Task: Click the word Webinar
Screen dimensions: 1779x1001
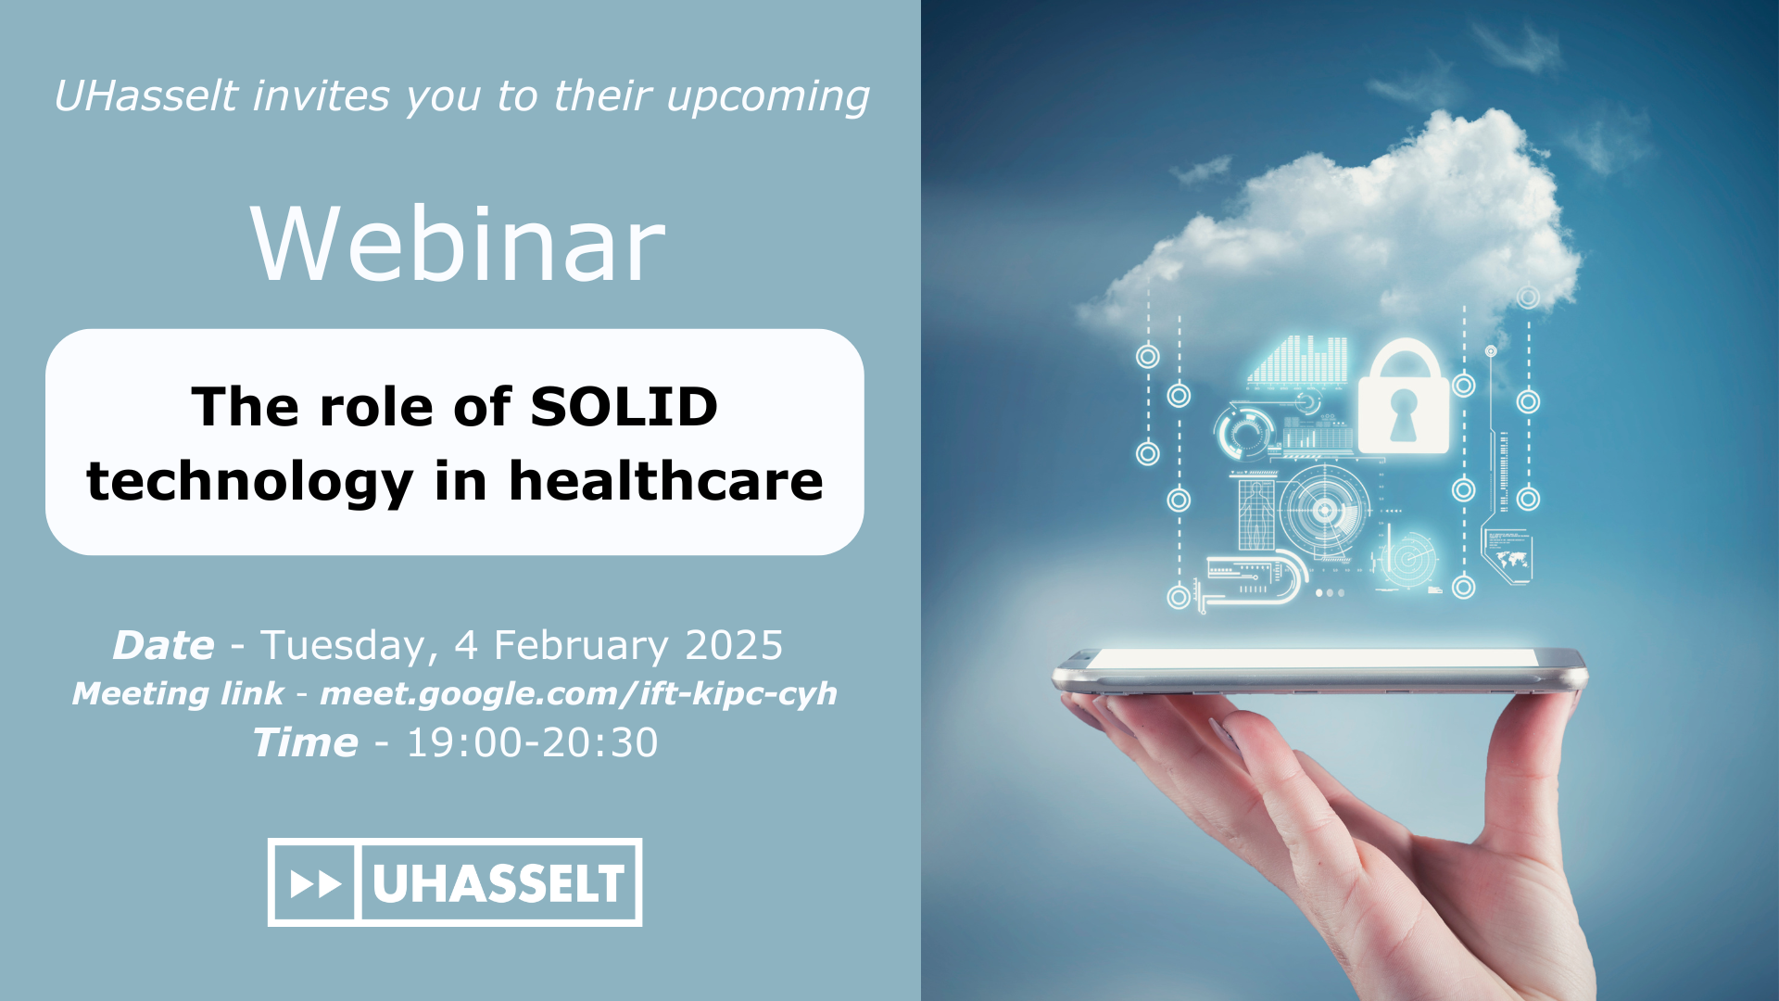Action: pyautogui.click(x=458, y=244)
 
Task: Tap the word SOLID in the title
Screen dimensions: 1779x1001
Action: pyautogui.click(x=624, y=407)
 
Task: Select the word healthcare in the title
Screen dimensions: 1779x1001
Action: pyautogui.click(x=666, y=481)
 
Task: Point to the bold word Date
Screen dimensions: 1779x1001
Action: pyautogui.click(x=163, y=645)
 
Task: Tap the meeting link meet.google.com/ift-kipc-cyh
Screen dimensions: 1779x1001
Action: pyautogui.click(x=578, y=694)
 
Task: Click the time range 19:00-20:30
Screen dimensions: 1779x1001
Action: pyautogui.click(x=532, y=742)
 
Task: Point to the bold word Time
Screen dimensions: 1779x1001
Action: pyautogui.click(x=305, y=742)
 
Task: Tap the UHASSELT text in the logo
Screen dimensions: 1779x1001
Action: pyautogui.click(x=498, y=883)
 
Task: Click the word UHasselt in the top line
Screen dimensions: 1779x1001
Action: pyautogui.click(x=145, y=96)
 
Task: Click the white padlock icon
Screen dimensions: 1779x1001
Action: pyautogui.click(x=1403, y=396)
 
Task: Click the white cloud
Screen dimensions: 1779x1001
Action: pyautogui.click(x=1334, y=232)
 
